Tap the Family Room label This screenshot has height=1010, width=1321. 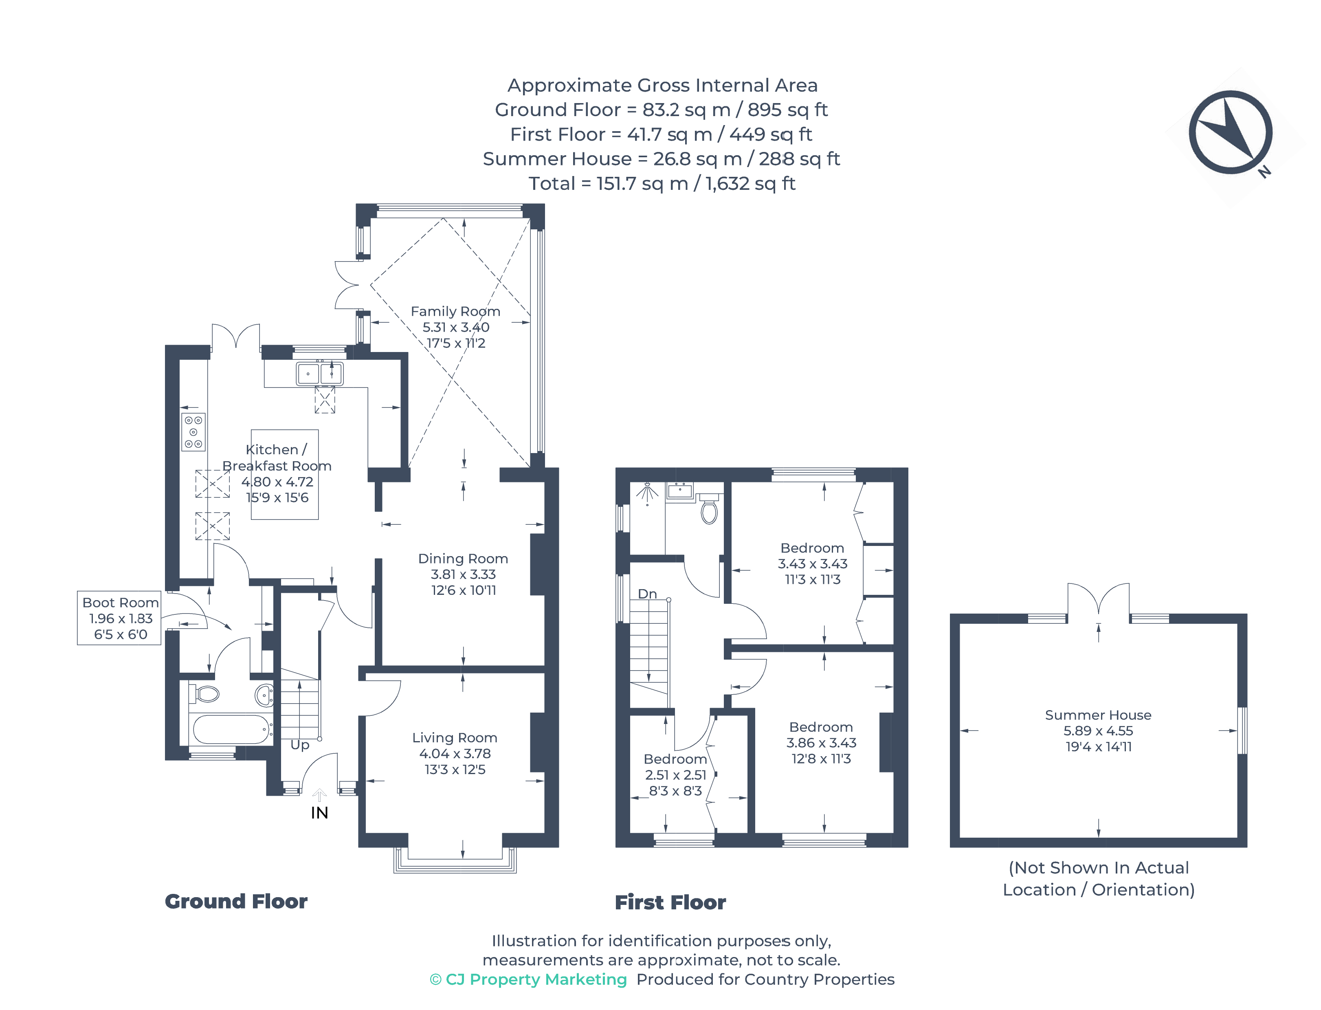point(455,311)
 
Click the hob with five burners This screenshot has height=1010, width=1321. point(193,431)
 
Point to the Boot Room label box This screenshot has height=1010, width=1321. point(120,618)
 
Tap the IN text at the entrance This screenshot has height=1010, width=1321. point(319,813)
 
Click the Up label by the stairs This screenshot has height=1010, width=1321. point(299,745)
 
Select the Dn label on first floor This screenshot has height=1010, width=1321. point(647,594)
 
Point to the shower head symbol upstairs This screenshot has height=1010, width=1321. point(647,493)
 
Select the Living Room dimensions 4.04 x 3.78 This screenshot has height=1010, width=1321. point(455,753)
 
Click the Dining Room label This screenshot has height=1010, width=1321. point(463,559)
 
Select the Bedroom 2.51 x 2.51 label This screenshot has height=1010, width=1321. point(675,775)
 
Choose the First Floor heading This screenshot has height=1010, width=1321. point(670,902)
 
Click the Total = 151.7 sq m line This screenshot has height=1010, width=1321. point(661,183)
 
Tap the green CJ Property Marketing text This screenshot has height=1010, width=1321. point(528,979)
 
